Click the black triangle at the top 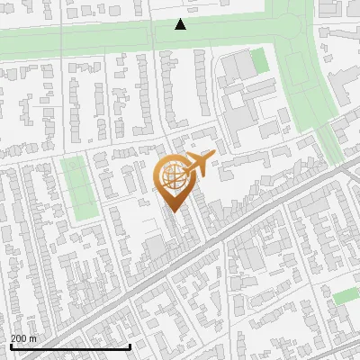180,24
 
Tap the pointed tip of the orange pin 173,212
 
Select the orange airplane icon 199,164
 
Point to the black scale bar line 70,346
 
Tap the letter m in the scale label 33,338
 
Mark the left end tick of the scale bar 11,346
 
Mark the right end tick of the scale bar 130,346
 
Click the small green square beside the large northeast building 259,61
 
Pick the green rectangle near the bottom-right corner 346,295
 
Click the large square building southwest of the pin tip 155,247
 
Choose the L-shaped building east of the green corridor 342,85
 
